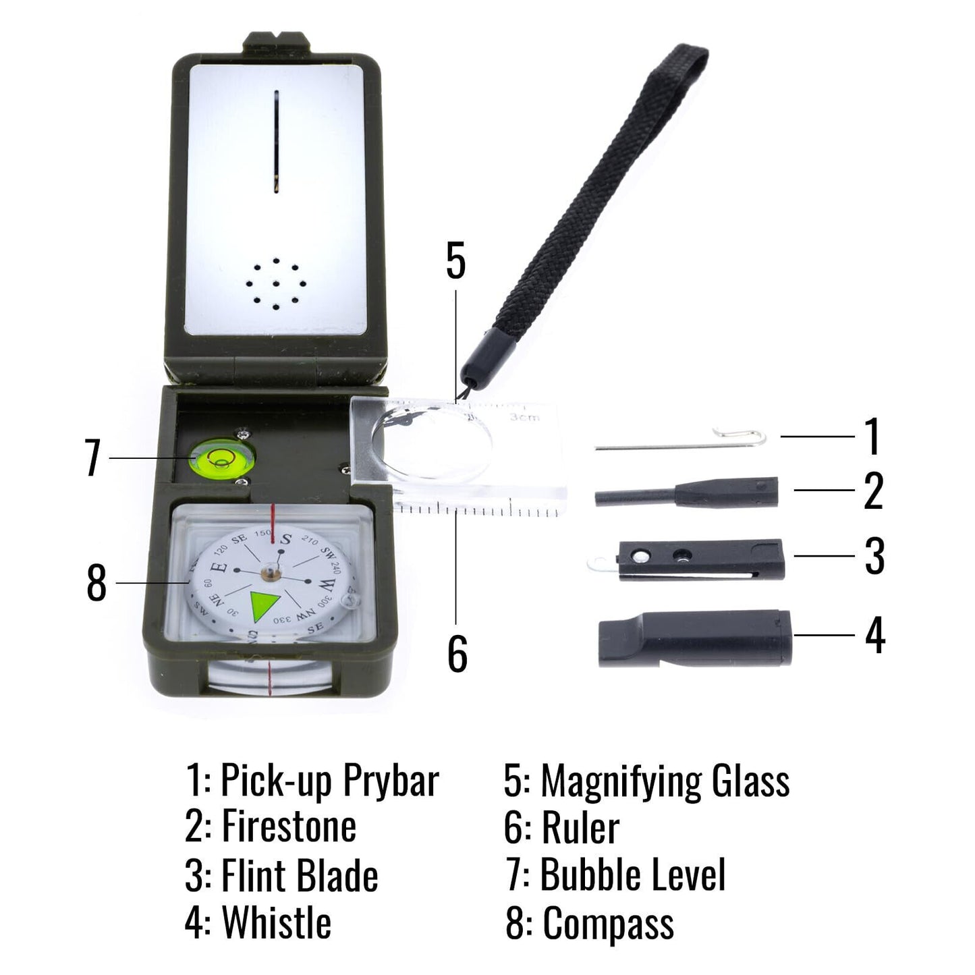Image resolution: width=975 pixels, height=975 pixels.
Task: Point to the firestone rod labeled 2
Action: click(685, 494)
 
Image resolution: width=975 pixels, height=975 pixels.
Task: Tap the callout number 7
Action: click(93, 458)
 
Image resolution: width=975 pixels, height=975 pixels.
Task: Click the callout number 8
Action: click(96, 583)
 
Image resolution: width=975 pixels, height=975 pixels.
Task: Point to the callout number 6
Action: click(457, 653)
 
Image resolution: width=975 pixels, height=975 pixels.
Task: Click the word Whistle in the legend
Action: click(277, 922)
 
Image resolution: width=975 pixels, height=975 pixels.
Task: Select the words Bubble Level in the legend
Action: click(633, 874)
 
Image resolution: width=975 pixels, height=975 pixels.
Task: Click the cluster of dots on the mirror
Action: click(275, 283)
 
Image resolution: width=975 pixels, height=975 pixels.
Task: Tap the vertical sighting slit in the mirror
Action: click(276, 142)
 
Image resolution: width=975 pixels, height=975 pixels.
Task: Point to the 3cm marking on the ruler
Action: click(525, 418)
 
